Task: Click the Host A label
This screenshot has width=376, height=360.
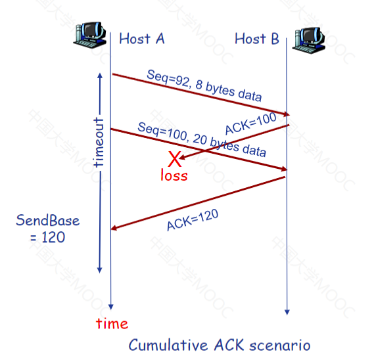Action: click(142, 39)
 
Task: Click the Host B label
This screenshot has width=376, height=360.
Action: click(257, 39)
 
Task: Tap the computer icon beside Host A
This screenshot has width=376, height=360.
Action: click(90, 35)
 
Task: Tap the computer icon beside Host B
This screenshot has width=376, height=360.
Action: click(308, 40)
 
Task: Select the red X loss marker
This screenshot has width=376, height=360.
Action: click(175, 159)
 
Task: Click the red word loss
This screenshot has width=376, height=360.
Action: click(174, 175)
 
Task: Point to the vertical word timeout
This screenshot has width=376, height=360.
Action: click(99, 143)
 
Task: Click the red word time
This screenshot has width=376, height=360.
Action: click(112, 324)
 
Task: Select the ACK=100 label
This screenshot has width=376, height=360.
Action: click(251, 124)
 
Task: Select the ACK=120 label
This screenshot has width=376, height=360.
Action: click(193, 220)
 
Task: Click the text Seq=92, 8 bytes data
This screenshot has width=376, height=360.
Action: click(204, 85)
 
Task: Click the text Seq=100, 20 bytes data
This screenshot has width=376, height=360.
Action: click(202, 139)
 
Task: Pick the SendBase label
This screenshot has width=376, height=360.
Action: click(48, 220)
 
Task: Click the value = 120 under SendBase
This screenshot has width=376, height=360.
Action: click(48, 237)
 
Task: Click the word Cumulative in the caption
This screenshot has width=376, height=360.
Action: click(168, 345)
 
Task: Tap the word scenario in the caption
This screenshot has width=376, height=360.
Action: click(280, 346)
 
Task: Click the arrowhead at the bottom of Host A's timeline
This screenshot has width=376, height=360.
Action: click(111, 307)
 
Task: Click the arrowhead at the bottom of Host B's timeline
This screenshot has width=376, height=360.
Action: click(287, 312)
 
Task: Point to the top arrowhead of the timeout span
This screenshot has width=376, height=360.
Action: click(100, 76)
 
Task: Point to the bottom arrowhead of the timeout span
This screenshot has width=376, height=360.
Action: click(100, 270)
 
